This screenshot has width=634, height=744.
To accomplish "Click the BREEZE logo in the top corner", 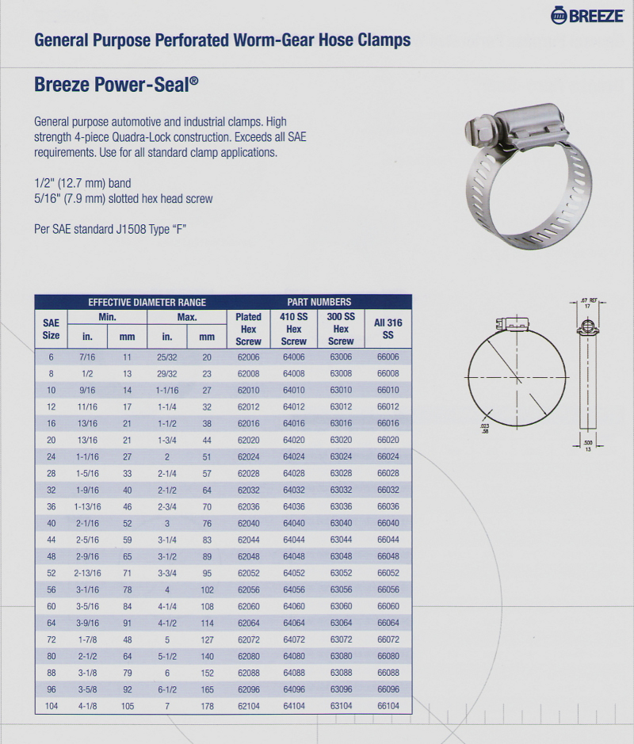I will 586,14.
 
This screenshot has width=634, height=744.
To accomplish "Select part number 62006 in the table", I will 248,357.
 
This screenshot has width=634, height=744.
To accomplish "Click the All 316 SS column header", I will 388,328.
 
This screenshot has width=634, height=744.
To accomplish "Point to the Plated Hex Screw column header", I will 248,328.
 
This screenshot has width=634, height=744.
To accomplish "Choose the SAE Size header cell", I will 51,328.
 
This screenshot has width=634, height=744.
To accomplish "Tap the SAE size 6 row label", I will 51,357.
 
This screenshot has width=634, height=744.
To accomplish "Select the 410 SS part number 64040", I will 293,523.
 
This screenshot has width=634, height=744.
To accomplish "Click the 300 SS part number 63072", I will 341,638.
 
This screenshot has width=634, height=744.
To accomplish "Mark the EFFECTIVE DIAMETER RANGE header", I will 147,302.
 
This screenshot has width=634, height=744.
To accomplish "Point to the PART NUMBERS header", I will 319,302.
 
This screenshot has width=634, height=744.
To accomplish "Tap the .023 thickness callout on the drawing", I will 484,427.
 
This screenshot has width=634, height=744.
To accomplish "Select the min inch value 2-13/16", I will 87,572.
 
